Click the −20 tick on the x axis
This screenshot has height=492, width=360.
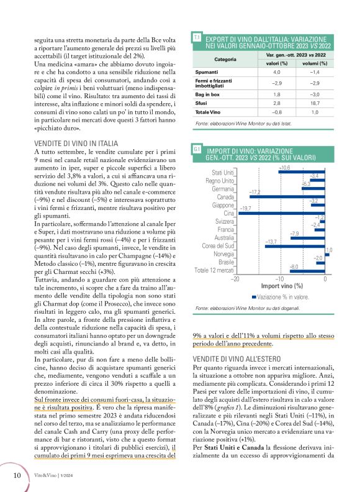click(x=235, y=279)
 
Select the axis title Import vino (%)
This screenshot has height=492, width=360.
click(x=281, y=286)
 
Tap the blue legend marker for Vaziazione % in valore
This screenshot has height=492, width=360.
click(x=254, y=298)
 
